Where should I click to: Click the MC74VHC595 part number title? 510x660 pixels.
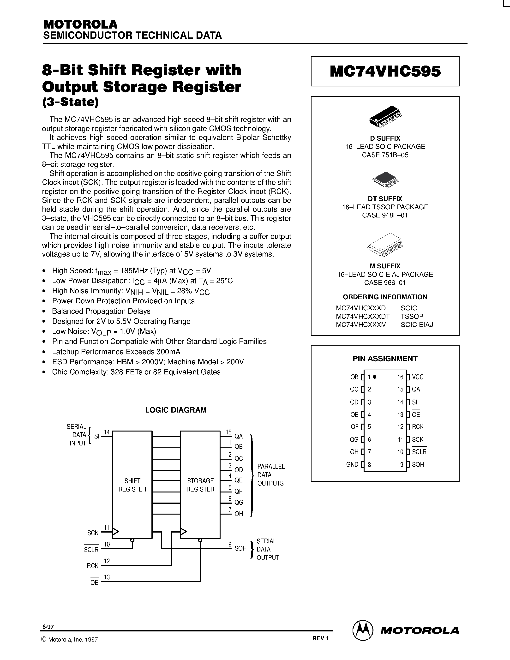pyautogui.click(x=385, y=71)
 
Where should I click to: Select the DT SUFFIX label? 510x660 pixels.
pyautogui.click(x=385, y=199)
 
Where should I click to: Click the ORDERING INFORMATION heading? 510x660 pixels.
pyautogui.click(x=385, y=297)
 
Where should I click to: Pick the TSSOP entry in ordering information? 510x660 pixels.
pyautogui.click(x=412, y=316)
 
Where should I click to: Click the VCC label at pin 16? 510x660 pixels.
pyautogui.click(x=418, y=377)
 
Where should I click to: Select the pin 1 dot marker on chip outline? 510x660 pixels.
pyautogui.click(x=375, y=377)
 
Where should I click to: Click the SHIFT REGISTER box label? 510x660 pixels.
pyautogui.click(x=132, y=485)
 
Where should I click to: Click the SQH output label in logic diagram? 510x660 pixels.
pyautogui.click(x=240, y=548)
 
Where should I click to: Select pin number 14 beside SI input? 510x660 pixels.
pyautogui.click(x=107, y=432)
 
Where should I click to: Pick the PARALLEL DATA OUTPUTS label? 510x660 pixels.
pyautogui.click(x=271, y=475)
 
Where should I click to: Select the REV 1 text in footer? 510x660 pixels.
pyautogui.click(x=320, y=638)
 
